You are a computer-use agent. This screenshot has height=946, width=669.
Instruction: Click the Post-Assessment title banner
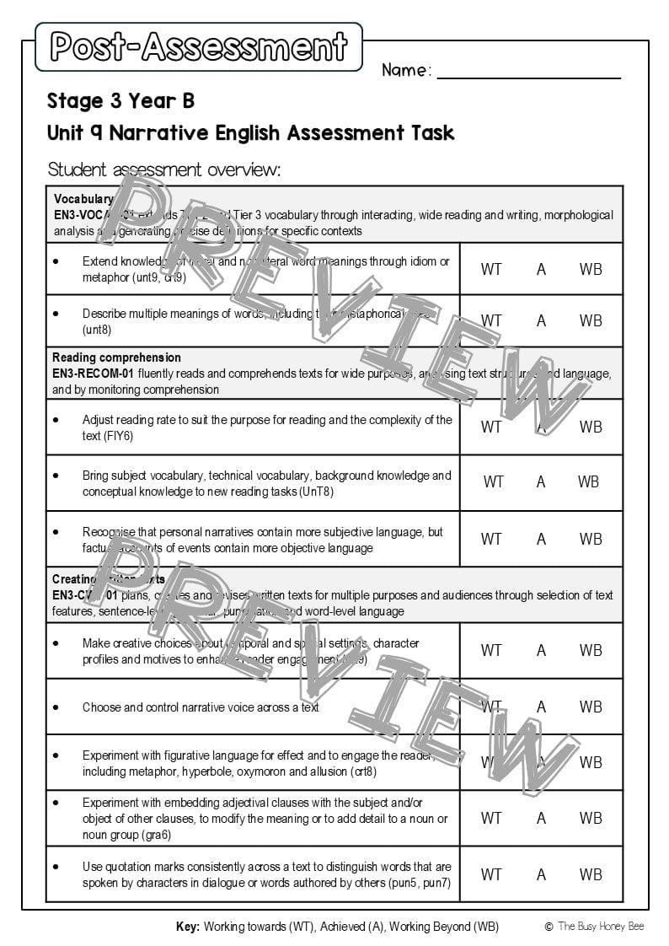point(199,46)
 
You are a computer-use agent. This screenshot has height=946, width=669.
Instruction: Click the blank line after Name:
point(528,73)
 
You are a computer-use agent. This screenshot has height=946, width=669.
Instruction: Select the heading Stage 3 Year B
point(120,101)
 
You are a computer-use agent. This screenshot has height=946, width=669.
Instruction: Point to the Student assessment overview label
point(163,169)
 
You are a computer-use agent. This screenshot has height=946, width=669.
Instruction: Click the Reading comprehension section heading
point(116,357)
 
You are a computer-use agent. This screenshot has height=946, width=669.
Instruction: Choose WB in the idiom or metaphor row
point(591,269)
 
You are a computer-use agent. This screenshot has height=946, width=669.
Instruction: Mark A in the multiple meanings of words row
point(541,320)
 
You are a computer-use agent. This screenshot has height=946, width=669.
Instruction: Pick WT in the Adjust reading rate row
point(491,427)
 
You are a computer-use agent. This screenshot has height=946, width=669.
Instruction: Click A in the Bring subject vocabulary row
point(541,482)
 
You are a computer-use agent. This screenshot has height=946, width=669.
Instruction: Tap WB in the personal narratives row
point(591,539)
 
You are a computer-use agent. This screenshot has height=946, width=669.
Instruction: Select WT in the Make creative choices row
point(491,650)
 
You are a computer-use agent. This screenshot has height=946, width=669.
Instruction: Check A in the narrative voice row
point(541,707)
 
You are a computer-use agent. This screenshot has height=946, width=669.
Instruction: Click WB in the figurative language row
point(591,762)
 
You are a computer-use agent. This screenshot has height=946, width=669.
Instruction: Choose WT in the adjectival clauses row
point(491,818)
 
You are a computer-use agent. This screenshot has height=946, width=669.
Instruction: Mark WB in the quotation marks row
point(591,874)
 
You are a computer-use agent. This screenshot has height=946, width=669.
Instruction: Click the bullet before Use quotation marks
point(56,867)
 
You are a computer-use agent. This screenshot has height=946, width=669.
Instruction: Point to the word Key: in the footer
point(188,927)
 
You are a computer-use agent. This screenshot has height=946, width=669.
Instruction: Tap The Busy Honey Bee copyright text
point(600,927)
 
